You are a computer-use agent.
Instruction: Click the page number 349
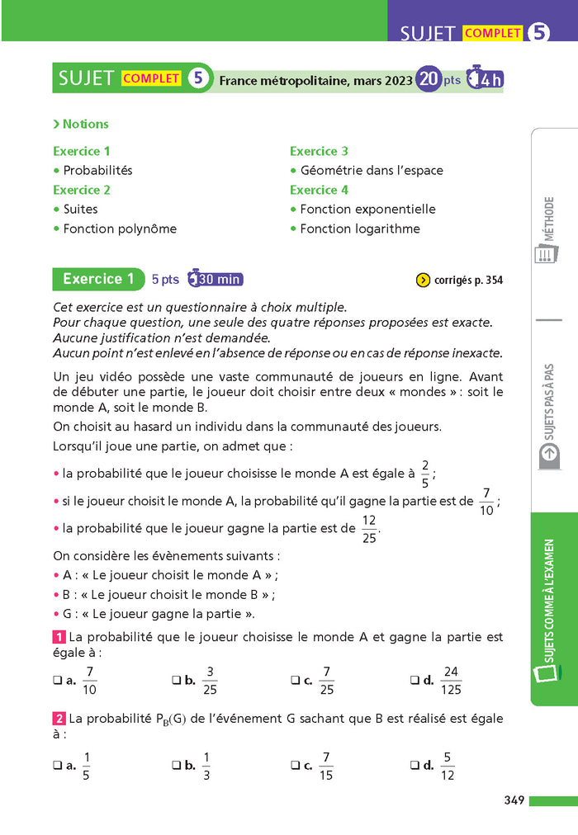click(514, 800)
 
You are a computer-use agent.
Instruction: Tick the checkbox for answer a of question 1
click(57, 681)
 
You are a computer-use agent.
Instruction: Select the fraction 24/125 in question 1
click(451, 681)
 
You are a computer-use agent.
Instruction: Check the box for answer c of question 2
click(295, 766)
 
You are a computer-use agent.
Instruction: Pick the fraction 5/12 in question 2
click(448, 766)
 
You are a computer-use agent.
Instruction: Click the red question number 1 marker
click(59, 638)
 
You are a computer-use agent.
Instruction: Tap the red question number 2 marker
click(59, 719)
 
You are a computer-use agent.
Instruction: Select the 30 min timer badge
click(216, 279)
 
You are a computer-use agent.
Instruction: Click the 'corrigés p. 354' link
click(458, 280)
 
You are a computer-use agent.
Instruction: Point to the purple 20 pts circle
click(429, 79)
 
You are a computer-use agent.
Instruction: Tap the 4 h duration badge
click(485, 79)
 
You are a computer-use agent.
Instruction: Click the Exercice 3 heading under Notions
click(319, 151)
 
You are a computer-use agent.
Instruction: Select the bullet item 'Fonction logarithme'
click(359, 229)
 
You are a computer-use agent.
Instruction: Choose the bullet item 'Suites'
click(80, 209)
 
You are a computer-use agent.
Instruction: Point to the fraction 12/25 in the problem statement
click(369, 529)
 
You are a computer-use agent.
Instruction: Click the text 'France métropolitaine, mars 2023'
click(315, 80)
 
